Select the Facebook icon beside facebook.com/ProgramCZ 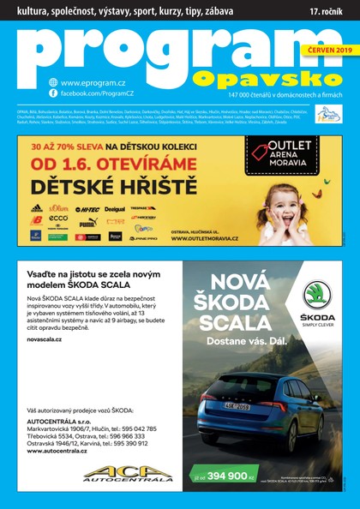[x=53, y=93]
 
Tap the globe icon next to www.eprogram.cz [x=53, y=81]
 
